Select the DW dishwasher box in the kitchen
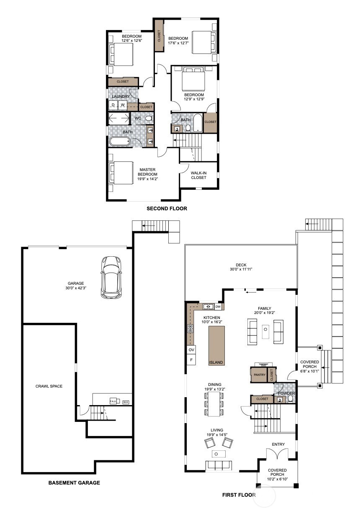click(218, 307)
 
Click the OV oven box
click(191, 350)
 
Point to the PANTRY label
click(260, 375)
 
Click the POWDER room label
click(286, 393)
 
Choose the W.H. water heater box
click(125, 402)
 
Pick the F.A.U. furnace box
click(113, 401)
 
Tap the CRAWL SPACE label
click(49, 386)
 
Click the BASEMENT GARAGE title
click(74, 483)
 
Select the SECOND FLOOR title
click(167, 208)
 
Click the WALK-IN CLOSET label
click(198, 175)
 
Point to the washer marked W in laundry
click(123, 105)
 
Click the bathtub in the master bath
click(120, 142)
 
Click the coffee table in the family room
click(265, 332)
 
